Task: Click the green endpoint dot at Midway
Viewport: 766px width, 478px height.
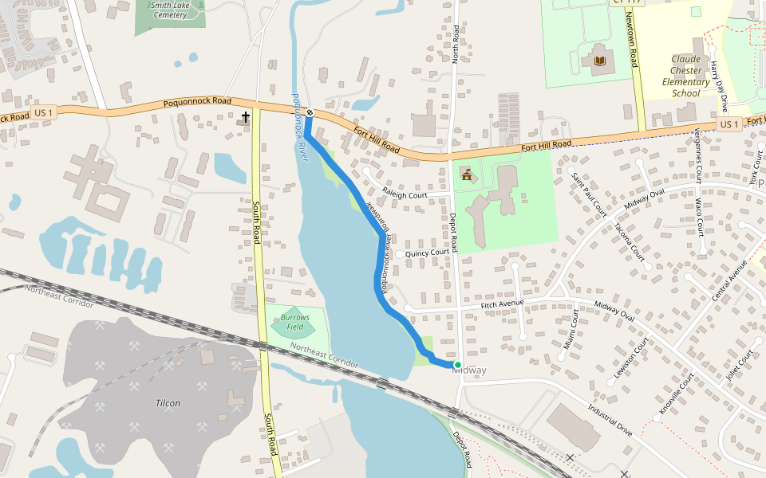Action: tap(457, 365)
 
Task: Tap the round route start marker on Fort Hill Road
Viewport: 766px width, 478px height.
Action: tap(310, 113)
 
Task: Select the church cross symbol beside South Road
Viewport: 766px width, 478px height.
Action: tap(246, 118)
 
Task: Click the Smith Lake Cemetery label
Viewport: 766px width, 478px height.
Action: tap(169, 10)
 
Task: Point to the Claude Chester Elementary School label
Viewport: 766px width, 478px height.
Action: tap(685, 76)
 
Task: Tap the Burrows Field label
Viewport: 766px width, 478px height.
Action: tap(294, 322)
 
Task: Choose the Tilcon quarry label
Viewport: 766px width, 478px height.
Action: tap(168, 403)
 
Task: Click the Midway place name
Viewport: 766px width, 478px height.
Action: tap(469, 371)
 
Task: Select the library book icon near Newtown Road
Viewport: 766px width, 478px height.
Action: tap(598, 61)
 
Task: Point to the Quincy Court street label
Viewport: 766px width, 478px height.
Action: tap(427, 253)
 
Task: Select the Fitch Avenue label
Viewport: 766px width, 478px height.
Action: tap(502, 304)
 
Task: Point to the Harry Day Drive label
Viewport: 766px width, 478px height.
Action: tap(719, 85)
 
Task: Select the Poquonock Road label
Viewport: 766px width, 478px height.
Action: tap(197, 102)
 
